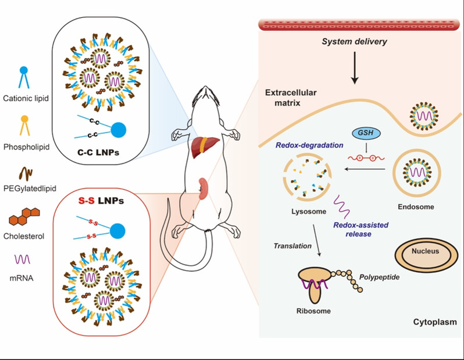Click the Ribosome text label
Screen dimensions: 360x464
pyautogui.click(x=313, y=311)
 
